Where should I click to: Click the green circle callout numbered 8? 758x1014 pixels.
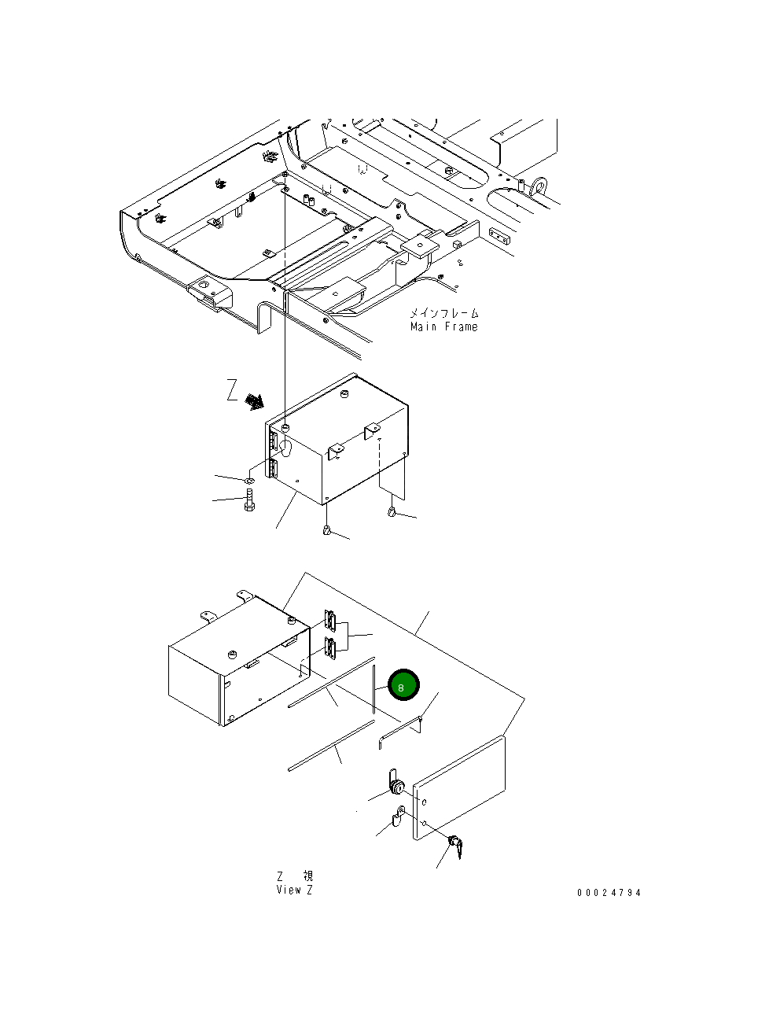(403, 686)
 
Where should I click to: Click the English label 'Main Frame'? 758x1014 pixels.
(443, 326)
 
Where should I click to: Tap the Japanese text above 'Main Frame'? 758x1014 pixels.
(443, 313)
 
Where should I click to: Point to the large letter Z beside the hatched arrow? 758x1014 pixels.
(232, 390)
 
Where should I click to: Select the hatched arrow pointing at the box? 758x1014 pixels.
(254, 402)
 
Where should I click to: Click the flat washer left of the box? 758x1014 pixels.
(249, 480)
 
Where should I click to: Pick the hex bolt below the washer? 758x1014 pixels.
(249, 500)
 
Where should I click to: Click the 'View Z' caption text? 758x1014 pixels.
(294, 890)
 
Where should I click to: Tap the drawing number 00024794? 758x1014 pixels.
(609, 892)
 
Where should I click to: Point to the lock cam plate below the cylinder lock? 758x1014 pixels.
(399, 816)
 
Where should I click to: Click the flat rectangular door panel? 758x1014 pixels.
(461, 787)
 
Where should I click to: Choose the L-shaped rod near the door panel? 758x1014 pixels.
(400, 729)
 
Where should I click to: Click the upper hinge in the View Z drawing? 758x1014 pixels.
(330, 621)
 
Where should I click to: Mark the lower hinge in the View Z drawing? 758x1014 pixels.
(330, 648)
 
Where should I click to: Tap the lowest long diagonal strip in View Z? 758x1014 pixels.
(331, 745)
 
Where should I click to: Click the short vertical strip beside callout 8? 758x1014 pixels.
(373, 688)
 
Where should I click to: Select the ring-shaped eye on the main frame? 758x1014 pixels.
(539, 186)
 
